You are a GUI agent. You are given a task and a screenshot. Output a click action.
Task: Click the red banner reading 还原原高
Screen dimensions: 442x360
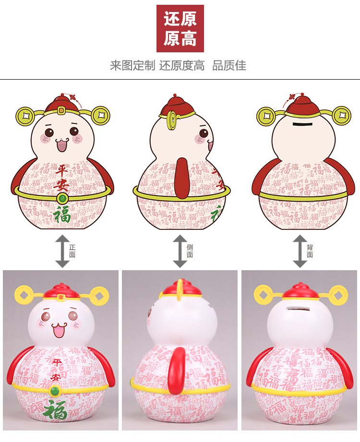(180, 28)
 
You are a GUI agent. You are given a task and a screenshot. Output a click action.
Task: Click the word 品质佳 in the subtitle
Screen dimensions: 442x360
(229, 66)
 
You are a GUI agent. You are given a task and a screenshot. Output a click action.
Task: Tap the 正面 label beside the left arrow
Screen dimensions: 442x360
(72, 251)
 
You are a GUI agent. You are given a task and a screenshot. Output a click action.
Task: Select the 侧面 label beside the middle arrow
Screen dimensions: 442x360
(190, 251)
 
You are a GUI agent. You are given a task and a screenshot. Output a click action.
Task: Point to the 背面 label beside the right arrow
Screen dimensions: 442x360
(310, 251)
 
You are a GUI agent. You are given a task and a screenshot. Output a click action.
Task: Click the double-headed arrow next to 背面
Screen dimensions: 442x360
(300, 251)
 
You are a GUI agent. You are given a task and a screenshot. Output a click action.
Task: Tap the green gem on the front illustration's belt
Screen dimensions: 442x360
(61, 197)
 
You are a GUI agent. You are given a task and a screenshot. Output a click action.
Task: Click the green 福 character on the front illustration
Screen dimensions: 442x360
(62, 215)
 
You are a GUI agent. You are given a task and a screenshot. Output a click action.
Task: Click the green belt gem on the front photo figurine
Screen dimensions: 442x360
(54, 392)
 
